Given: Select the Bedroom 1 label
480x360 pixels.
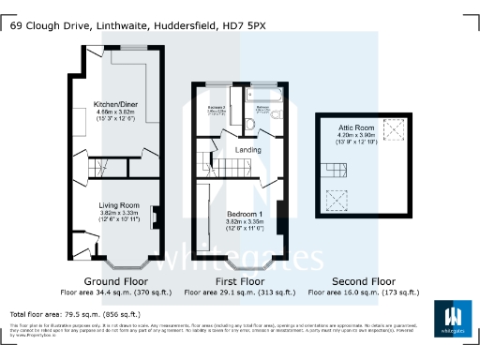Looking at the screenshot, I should point(244,213).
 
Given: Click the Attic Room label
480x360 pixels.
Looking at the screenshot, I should point(356,127).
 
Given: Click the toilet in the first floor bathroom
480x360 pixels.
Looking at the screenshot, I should point(249,123).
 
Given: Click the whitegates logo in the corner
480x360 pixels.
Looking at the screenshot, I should point(452,320).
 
